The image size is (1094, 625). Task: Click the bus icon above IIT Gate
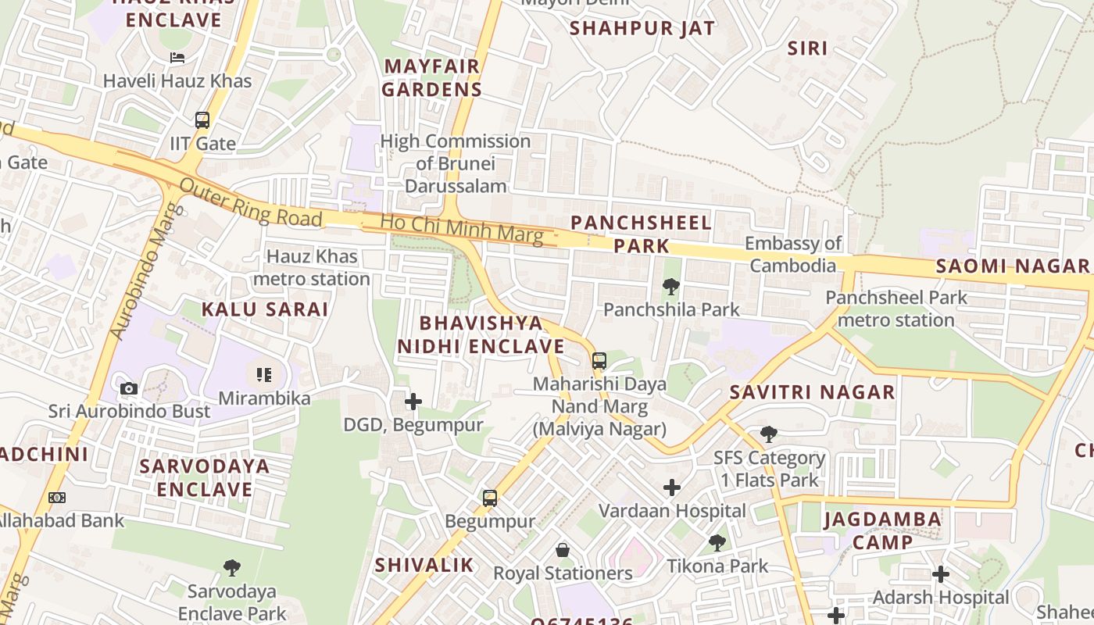click(x=202, y=120)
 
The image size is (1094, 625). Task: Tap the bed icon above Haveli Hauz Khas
click(x=177, y=58)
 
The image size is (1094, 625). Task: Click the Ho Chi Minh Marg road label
click(x=461, y=229)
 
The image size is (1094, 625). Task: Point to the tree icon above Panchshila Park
click(x=670, y=287)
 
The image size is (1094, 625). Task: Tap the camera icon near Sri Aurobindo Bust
click(x=129, y=388)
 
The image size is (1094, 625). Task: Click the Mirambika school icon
click(x=264, y=375)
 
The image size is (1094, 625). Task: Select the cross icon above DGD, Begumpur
click(x=413, y=402)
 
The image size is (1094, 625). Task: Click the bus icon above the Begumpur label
click(x=490, y=498)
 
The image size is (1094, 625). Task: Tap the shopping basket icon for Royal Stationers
click(x=563, y=551)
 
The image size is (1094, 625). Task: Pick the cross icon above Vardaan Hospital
click(x=672, y=488)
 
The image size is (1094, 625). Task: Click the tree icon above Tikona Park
click(x=717, y=543)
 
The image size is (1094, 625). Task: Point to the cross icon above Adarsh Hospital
click(x=941, y=575)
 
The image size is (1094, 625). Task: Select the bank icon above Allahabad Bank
click(x=57, y=498)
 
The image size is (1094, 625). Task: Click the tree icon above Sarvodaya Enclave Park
click(x=232, y=568)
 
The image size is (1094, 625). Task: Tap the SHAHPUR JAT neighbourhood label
click(x=642, y=29)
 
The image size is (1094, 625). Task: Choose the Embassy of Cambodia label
click(x=793, y=254)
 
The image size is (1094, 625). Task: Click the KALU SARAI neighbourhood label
click(x=265, y=309)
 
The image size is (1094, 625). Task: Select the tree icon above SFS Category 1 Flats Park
click(x=769, y=434)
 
